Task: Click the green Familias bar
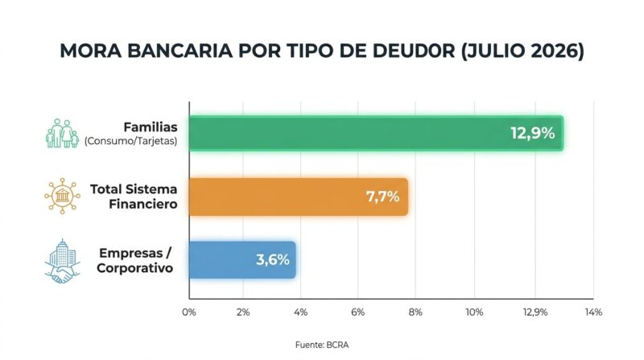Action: point(376,133)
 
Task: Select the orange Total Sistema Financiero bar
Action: point(299,197)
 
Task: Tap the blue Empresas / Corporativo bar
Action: point(242,259)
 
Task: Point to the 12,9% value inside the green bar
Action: point(533,133)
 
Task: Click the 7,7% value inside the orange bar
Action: point(383,197)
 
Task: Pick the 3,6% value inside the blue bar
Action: point(273,259)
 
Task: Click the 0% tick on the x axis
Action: point(189,312)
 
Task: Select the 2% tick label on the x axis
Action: point(243,312)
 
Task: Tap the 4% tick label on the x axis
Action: point(300,312)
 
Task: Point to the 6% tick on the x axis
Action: point(357,312)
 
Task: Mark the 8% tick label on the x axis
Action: point(415,312)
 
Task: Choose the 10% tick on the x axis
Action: point(474,312)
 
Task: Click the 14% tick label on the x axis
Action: point(593,312)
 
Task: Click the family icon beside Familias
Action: point(63,133)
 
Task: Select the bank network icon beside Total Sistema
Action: point(63,196)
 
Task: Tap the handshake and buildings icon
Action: point(63,262)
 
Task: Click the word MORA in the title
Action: point(91,51)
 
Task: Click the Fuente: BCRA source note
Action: point(322,345)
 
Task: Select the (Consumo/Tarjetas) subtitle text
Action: point(131,142)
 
